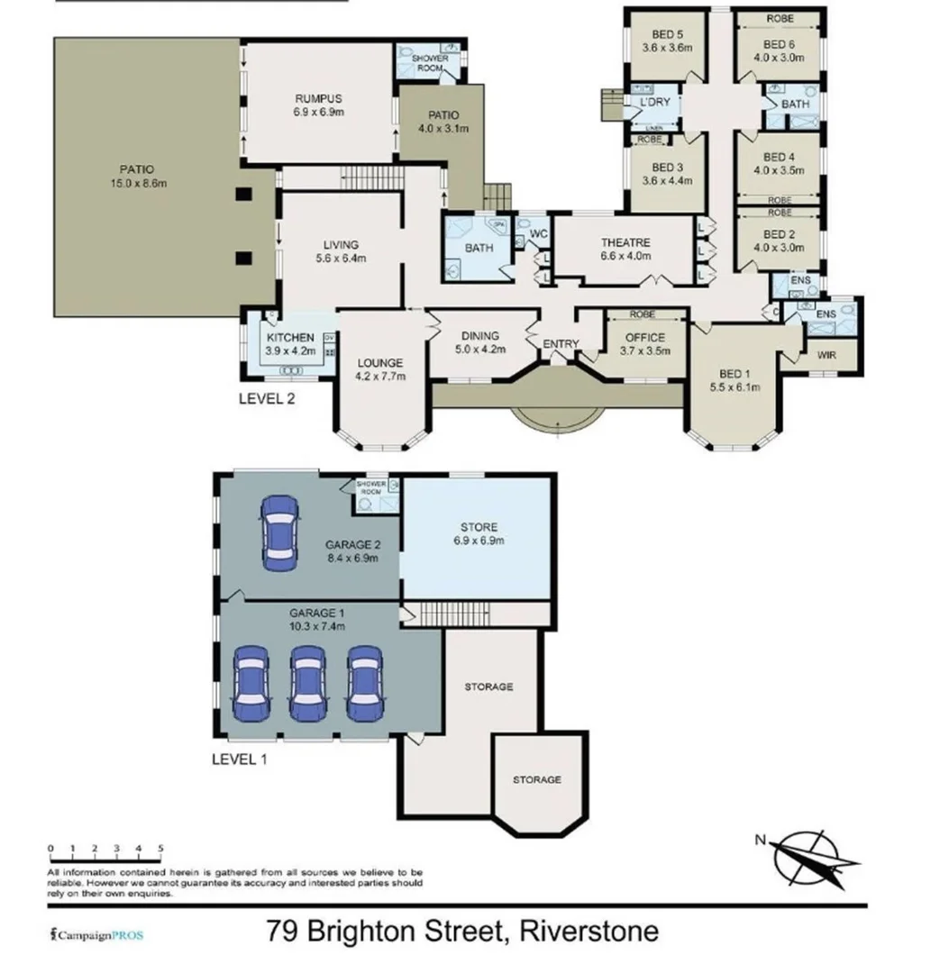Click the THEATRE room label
pyautogui.click(x=625, y=243)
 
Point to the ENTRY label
pyautogui.click(x=561, y=344)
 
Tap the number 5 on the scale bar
pyautogui.click(x=160, y=848)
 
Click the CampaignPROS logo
pyautogui.click(x=96, y=935)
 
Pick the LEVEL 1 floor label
pyautogui.click(x=239, y=759)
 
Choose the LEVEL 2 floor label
pyautogui.click(x=267, y=397)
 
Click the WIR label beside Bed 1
pyautogui.click(x=826, y=355)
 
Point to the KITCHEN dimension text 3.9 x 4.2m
pyautogui.click(x=289, y=351)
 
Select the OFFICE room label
pyautogui.click(x=643, y=338)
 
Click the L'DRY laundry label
pyautogui.click(x=654, y=102)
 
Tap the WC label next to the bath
pyautogui.click(x=539, y=234)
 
